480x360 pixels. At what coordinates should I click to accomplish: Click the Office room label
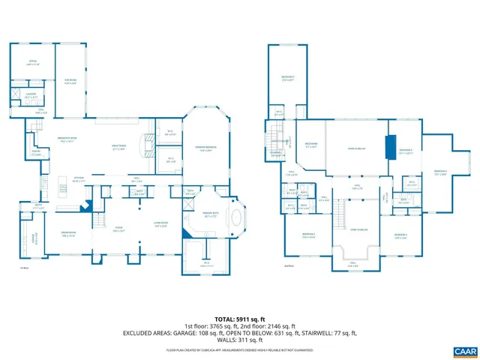(32, 63)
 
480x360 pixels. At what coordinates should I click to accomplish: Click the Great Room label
(118, 148)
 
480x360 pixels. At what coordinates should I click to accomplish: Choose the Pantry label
(37, 154)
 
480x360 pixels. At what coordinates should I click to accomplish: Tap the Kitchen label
(79, 180)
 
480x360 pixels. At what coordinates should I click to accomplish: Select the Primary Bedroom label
(205, 148)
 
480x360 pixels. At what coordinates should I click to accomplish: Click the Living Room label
(160, 224)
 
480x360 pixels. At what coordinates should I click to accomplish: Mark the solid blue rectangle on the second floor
(389, 147)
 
